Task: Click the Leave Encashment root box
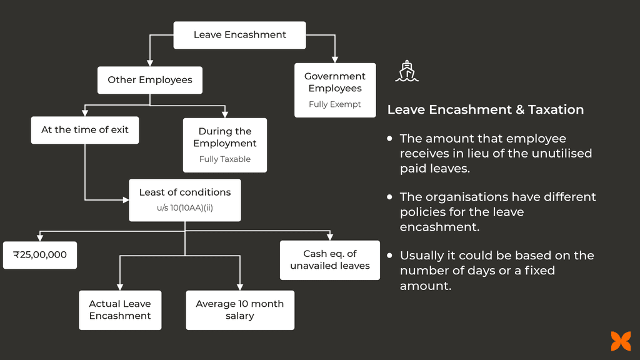pyautogui.click(x=239, y=35)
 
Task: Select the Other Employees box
pyautogui.click(x=150, y=80)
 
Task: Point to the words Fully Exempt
pyautogui.click(x=335, y=104)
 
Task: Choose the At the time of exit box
pyautogui.click(x=85, y=130)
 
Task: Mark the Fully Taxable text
pyautogui.click(x=225, y=159)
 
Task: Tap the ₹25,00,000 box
pyautogui.click(x=40, y=255)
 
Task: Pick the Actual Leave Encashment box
pyautogui.click(x=120, y=310)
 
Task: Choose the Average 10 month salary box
pyautogui.click(x=240, y=310)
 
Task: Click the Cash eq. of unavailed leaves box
pyautogui.click(x=330, y=260)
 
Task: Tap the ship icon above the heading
pyautogui.click(x=407, y=71)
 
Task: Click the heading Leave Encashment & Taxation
pyautogui.click(x=486, y=110)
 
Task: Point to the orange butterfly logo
pyautogui.click(x=621, y=341)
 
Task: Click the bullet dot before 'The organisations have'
pyautogui.click(x=390, y=197)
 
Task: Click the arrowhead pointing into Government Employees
pyautogui.click(x=335, y=59)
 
